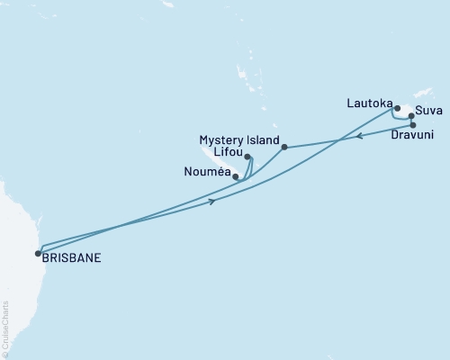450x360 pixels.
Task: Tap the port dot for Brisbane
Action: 38,252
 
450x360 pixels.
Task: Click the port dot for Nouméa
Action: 236,176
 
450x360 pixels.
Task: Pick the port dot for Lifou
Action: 247,157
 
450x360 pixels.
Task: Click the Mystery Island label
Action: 238,139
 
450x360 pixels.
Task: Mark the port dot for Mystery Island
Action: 284,147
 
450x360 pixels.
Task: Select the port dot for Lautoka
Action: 397,109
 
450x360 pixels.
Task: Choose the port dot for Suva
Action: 411,116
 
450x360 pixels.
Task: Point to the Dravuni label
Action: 414,136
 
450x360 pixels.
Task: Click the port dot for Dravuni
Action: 413,125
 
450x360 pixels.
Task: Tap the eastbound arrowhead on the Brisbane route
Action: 212,201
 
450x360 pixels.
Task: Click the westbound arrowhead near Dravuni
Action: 357,137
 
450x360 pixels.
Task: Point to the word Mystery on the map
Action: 221,139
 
